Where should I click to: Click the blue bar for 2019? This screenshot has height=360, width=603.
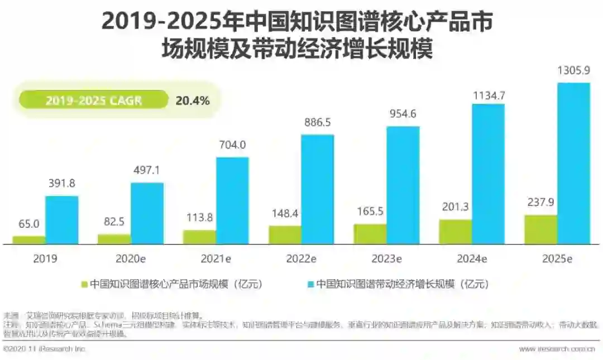(61, 220)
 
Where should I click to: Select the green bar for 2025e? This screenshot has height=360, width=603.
(540, 229)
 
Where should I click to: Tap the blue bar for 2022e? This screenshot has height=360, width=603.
(317, 189)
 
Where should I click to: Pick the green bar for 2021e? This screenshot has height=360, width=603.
(199, 237)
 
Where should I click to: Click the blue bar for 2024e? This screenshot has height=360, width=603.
(488, 174)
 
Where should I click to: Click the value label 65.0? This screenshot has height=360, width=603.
(28, 224)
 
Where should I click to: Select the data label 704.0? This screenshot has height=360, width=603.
(232, 145)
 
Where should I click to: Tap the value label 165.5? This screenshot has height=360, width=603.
(369, 212)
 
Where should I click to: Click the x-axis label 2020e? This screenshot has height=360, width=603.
(131, 259)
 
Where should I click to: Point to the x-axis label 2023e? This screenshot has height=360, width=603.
(386, 259)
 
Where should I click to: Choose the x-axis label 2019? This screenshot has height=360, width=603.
(45, 259)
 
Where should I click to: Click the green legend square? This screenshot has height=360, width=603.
(85, 284)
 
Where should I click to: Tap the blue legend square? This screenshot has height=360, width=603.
(311, 284)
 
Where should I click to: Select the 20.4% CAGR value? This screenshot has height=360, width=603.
(193, 100)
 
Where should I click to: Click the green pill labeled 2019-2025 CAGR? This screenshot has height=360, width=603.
(93, 100)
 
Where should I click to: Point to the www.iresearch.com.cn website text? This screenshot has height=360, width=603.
(557, 349)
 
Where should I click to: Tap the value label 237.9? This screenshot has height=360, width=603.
(540, 203)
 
